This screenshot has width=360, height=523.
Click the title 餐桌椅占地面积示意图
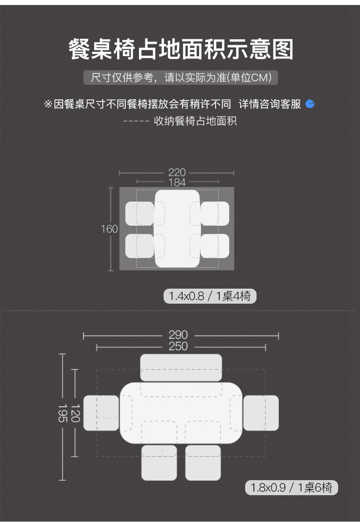point(180,50)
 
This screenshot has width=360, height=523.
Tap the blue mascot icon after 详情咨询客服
point(310,104)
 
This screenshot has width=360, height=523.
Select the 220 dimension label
point(177,172)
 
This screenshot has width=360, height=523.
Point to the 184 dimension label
point(177,182)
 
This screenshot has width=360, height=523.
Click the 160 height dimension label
point(109,229)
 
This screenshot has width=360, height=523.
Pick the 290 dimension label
point(178,336)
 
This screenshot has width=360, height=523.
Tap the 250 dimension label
point(178,347)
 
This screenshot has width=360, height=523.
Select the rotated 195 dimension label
point(62,413)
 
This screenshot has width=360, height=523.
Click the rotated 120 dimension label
point(75,413)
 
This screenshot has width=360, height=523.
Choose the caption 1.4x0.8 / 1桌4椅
point(210,296)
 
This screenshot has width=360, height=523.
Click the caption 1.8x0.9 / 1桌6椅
point(292,488)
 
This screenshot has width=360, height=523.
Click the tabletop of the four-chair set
point(177,228)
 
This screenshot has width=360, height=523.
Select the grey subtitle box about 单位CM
point(180,78)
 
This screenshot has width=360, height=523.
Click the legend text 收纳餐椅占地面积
point(195,121)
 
